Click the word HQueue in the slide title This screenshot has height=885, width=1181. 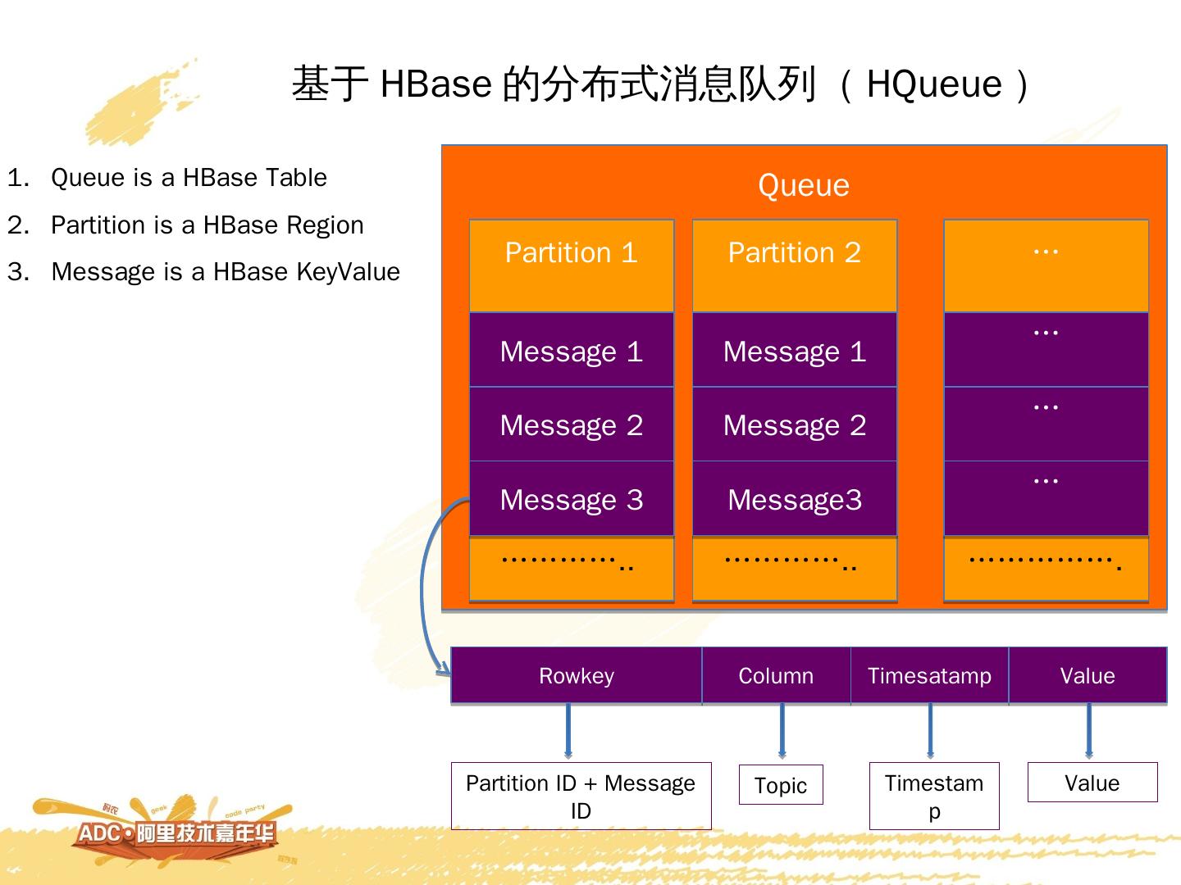(x=934, y=84)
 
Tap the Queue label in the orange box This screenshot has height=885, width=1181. (x=803, y=185)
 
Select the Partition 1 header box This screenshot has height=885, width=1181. (x=571, y=265)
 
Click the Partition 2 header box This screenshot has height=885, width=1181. (x=794, y=265)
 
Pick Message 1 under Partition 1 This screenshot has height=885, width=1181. (x=571, y=351)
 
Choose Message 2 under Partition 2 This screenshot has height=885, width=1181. (x=794, y=424)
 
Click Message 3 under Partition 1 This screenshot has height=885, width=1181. (x=571, y=499)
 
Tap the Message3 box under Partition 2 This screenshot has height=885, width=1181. (x=794, y=499)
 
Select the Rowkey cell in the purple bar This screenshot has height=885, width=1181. (x=576, y=676)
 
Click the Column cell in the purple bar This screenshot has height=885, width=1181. (x=776, y=676)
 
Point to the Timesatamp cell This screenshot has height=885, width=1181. (x=929, y=676)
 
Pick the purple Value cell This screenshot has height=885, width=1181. (x=1088, y=676)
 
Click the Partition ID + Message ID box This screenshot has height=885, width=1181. (x=581, y=796)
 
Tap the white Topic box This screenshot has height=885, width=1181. (x=781, y=785)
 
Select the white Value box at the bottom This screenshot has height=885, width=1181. (x=1092, y=783)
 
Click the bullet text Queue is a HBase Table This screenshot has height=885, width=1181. (x=189, y=178)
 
